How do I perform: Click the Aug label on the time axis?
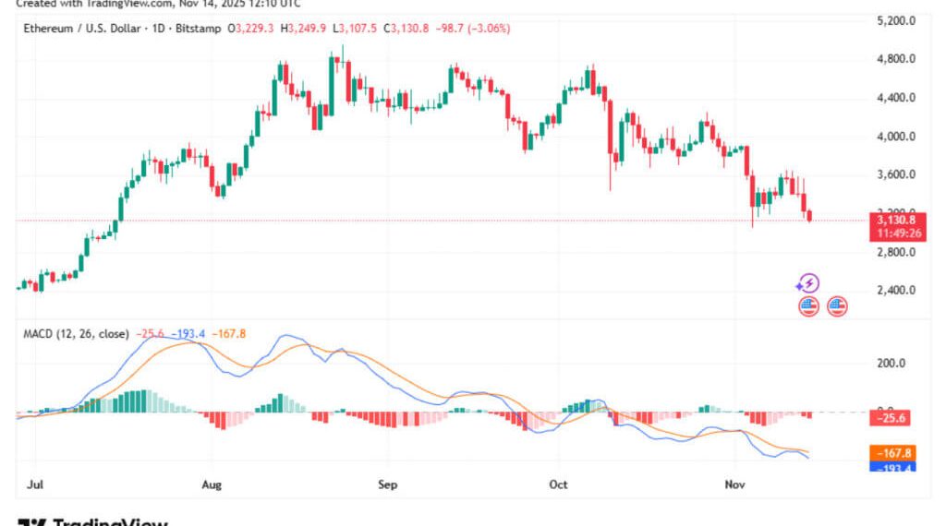pos(212,484)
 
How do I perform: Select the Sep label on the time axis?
pos(388,484)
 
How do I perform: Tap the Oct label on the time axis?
pos(558,484)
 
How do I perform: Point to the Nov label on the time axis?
pos(734,484)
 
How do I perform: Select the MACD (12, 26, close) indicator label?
pos(76,333)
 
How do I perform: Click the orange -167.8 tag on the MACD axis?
pos(893,453)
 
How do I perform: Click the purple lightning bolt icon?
pos(808,283)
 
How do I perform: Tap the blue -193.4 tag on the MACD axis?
pos(893,468)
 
